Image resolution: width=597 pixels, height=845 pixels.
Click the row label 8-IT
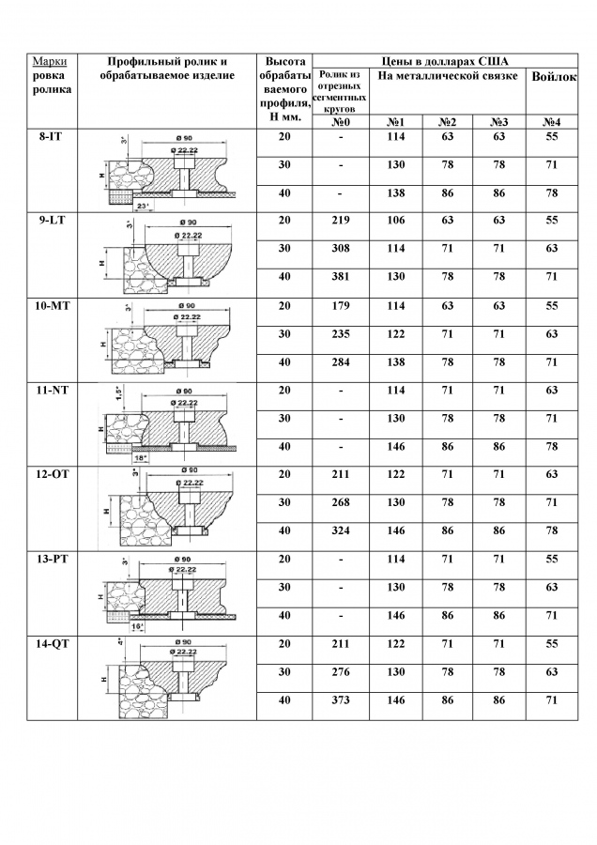click(x=52, y=137)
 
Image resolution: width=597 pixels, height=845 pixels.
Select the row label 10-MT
click(x=53, y=306)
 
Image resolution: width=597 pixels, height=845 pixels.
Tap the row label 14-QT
click(x=53, y=644)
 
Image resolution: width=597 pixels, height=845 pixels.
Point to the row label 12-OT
click(x=53, y=475)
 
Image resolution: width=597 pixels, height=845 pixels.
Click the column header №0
click(x=341, y=122)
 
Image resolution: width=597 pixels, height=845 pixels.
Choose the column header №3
click(x=499, y=122)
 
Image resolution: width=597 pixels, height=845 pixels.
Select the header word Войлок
click(x=554, y=77)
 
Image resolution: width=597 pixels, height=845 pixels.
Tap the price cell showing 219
click(x=341, y=221)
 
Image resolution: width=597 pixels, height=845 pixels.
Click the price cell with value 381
click(x=341, y=277)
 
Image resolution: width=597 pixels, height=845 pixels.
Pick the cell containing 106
click(x=395, y=221)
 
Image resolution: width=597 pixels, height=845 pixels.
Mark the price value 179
click(x=341, y=306)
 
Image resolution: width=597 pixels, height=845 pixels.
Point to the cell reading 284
click(x=341, y=362)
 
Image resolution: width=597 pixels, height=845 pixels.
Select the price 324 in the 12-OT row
click(x=341, y=530)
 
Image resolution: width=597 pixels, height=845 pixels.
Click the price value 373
click(x=341, y=700)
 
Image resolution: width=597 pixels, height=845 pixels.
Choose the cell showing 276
click(x=341, y=672)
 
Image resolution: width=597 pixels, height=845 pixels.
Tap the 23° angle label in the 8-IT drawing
click(x=143, y=206)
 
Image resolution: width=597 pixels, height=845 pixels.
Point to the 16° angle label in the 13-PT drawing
click(x=138, y=626)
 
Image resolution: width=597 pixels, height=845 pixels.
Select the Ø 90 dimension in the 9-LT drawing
click(x=189, y=222)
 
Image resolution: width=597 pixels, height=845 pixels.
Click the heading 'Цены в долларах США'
click(x=445, y=61)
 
